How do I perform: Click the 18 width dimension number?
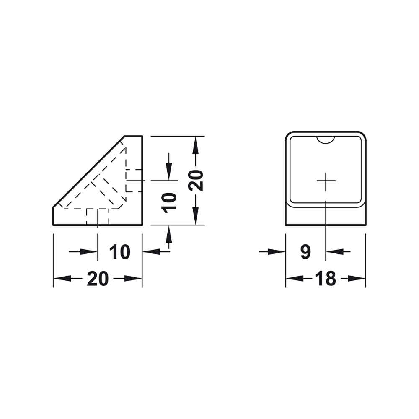point(326,278)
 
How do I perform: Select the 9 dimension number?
point(305,252)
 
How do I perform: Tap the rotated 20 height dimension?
point(196,180)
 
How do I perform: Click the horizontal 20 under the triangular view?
point(98,278)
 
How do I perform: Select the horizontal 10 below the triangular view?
point(120,252)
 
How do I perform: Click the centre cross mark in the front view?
point(326,181)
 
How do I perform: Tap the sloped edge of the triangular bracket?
point(89,171)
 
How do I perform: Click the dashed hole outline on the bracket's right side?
point(134,181)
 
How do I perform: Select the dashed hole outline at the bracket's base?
point(97,216)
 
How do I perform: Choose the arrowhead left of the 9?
point(278,252)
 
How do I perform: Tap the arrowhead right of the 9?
point(333,252)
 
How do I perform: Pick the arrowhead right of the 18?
point(359,278)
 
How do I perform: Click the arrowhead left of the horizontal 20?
point(61,278)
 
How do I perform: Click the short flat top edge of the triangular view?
point(134,136)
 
